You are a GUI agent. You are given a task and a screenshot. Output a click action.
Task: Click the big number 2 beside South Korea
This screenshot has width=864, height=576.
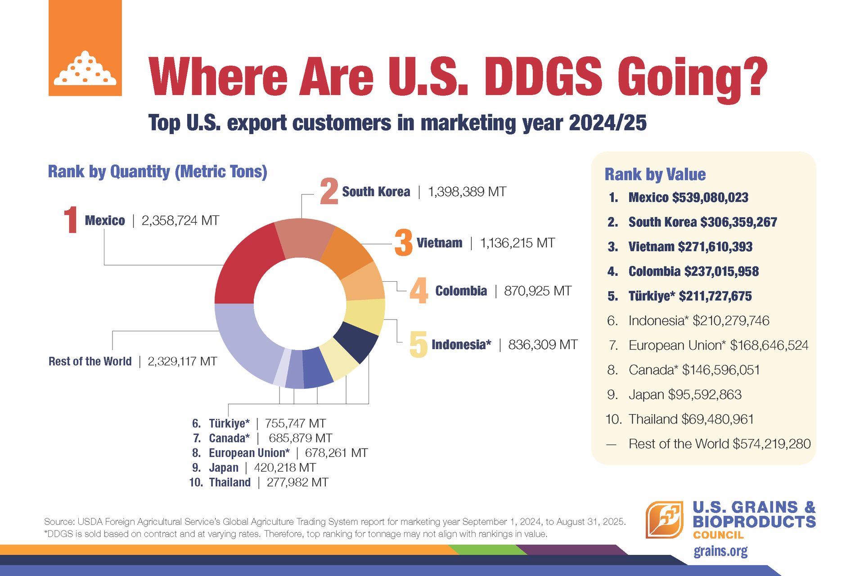pyautogui.click(x=329, y=191)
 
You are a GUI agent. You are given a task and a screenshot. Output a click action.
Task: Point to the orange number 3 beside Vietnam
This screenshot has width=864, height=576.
pyautogui.click(x=404, y=243)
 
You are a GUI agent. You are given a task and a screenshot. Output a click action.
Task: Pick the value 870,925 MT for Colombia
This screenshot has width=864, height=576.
pyautogui.click(x=537, y=291)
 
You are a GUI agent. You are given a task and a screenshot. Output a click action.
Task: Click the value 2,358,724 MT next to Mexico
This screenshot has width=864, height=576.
pyautogui.click(x=180, y=220)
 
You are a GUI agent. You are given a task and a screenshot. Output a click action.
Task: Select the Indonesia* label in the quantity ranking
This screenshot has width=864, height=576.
pyautogui.click(x=461, y=345)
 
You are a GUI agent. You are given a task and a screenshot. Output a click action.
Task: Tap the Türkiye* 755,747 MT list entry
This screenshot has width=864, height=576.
pyautogui.click(x=259, y=423)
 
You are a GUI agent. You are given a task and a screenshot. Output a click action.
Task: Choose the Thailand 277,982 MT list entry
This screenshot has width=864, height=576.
pyautogui.click(x=259, y=482)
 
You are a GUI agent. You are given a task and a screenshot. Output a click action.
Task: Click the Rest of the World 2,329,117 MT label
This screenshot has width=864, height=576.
pyautogui.click(x=133, y=361)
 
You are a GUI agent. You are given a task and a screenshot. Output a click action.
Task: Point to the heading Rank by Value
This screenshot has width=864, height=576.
pyautogui.click(x=655, y=175)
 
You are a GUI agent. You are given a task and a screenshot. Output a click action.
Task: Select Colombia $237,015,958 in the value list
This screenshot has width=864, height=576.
pyautogui.click(x=693, y=271)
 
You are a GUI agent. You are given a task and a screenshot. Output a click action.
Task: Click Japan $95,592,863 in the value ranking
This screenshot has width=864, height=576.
pyautogui.click(x=684, y=395)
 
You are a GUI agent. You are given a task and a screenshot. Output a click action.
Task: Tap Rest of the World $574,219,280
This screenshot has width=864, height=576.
pyautogui.click(x=719, y=444)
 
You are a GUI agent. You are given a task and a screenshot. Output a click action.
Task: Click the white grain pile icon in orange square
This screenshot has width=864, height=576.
pyautogui.click(x=85, y=70)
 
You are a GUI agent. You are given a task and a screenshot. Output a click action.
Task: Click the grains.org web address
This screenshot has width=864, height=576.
pyautogui.click(x=720, y=551)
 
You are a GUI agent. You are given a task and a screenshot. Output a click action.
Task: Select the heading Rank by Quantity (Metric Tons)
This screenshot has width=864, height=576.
pyautogui.click(x=157, y=172)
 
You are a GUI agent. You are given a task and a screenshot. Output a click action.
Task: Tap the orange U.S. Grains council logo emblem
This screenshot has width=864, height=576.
pyautogui.click(x=665, y=520)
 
